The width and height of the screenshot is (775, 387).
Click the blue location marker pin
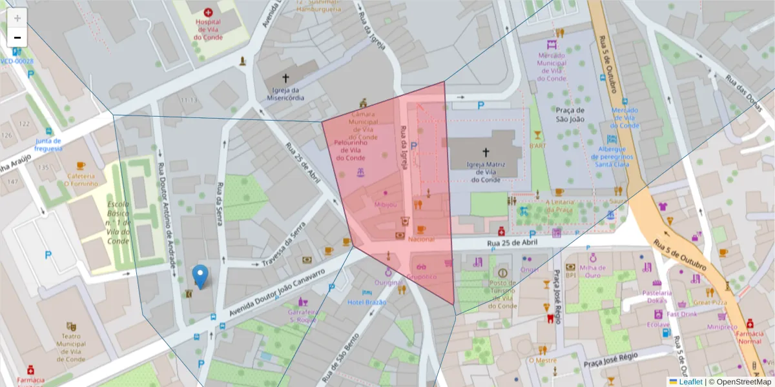point(201,276)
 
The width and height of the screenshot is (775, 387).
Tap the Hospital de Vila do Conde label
point(208,30)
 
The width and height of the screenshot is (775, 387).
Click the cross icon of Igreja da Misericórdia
point(285,77)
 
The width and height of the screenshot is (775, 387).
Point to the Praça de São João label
point(570,114)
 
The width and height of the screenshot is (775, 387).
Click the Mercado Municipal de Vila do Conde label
point(552,67)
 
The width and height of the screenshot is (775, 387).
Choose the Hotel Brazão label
point(366,302)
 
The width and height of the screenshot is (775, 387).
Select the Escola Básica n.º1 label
point(118,223)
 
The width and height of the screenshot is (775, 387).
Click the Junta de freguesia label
point(48,144)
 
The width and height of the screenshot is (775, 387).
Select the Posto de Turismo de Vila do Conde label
point(502,294)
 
